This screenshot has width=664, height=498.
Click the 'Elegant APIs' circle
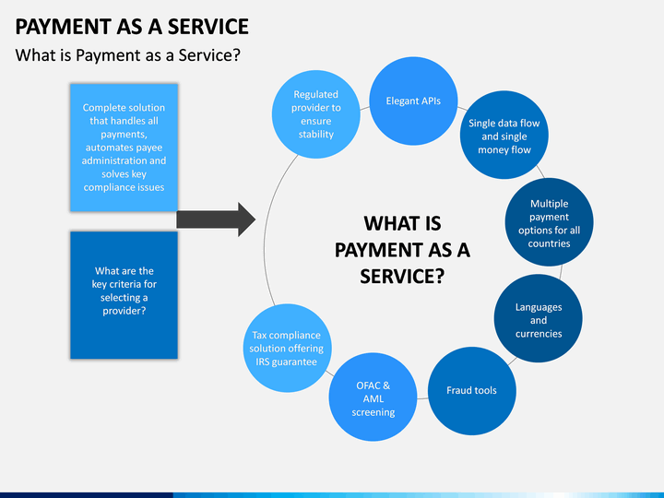[x=413, y=101]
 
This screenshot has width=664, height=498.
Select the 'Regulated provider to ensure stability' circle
[x=316, y=114]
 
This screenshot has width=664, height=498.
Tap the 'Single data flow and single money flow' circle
[x=504, y=135]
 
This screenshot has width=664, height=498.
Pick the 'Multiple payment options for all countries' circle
[x=549, y=222]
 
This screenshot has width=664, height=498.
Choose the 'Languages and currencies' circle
[x=539, y=318]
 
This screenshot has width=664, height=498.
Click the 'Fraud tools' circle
[x=472, y=391]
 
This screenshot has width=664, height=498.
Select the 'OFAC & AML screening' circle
[x=373, y=397]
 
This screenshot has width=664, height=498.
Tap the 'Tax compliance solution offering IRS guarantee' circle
[x=287, y=348]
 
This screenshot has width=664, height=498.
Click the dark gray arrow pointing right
[x=216, y=219]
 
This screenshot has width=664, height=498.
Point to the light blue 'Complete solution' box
[x=125, y=148]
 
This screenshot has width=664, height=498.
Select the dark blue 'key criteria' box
[x=125, y=295]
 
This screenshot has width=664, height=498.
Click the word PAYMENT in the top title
[x=63, y=27]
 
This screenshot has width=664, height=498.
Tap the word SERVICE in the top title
[x=207, y=27]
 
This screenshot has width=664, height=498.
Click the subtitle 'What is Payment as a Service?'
[x=128, y=55]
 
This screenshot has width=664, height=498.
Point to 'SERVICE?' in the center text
[x=402, y=277]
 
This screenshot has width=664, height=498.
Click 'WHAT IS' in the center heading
[x=402, y=223]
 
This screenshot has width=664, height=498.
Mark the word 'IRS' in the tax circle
[x=262, y=362]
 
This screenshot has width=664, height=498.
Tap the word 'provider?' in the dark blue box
[x=125, y=312]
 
